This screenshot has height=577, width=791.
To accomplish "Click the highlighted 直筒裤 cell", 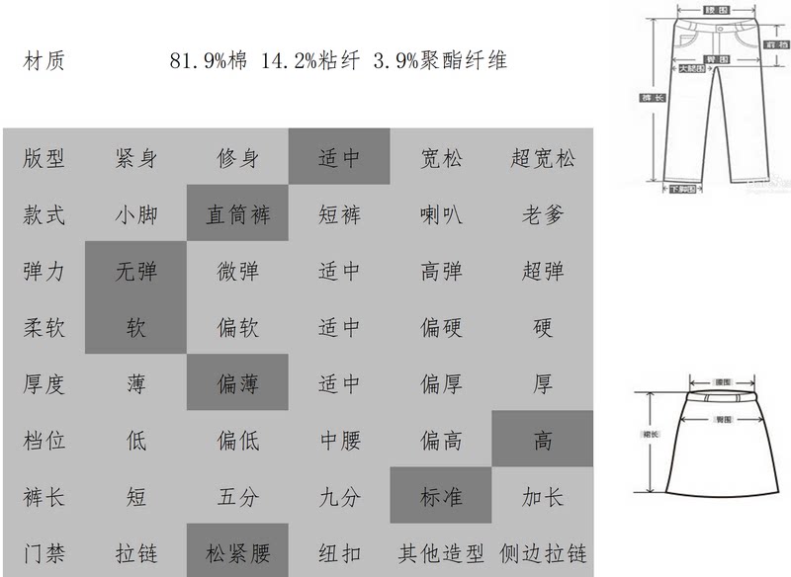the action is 237,214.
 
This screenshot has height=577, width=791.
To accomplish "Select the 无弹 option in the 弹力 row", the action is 135,271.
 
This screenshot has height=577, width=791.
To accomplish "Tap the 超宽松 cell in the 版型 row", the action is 543,158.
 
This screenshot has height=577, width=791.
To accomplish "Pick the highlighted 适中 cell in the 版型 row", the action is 339,158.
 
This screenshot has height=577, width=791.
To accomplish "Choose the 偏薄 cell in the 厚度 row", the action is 237,383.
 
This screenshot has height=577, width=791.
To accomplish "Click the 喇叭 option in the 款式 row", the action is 441,214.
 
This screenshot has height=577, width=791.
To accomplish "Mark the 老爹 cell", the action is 543,214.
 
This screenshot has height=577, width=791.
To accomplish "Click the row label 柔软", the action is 44,327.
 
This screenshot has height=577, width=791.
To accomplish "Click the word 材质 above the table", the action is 44,61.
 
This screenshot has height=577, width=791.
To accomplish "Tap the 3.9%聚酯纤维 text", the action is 440,61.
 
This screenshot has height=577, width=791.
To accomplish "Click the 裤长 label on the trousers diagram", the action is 649,97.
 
